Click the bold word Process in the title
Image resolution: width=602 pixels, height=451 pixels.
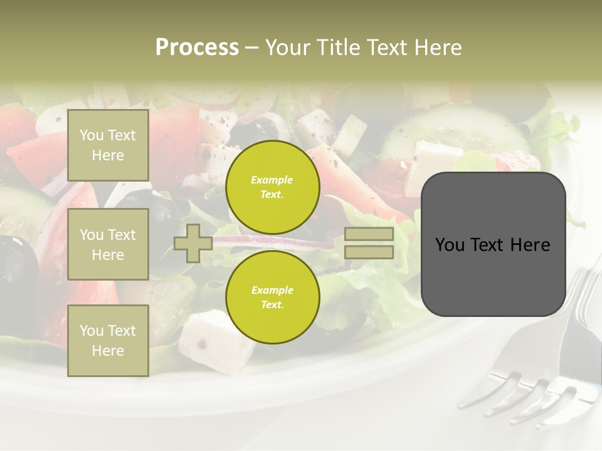(x=197, y=48)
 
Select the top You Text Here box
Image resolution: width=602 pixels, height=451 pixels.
(x=108, y=145)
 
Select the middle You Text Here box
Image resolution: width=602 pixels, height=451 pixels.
(x=108, y=244)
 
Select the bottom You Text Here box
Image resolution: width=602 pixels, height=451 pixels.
(x=108, y=341)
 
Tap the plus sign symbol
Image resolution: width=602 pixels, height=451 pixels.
(x=193, y=243)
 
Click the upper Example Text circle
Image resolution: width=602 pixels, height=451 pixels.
(x=272, y=187)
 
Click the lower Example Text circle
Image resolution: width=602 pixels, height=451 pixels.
(x=272, y=298)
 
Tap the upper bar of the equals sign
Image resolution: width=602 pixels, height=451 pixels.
(x=369, y=234)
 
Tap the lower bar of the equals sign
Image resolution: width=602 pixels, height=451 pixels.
(x=369, y=252)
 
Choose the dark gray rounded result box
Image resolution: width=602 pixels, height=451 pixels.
(x=493, y=244)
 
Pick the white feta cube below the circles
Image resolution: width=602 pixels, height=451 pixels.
(x=210, y=341)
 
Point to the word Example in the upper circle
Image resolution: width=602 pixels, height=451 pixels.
(x=272, y=180)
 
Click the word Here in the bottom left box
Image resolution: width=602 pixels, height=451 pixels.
(x=108, y=351)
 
